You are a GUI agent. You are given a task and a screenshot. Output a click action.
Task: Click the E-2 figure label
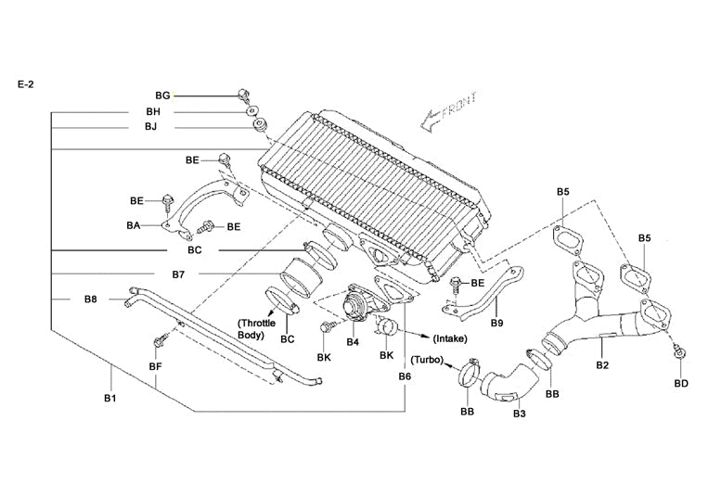point(26,83)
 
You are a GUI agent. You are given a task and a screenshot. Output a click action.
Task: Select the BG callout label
point(162,96)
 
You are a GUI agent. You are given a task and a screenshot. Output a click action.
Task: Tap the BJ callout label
point(150,127)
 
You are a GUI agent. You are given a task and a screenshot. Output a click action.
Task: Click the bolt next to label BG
point(243,94)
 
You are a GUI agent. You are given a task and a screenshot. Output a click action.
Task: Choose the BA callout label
point(133,223)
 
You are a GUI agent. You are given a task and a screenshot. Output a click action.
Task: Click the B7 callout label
point(178,274)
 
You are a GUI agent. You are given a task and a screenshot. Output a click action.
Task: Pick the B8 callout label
point(90,299)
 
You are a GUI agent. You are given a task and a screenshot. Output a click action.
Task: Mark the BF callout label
point(156,368)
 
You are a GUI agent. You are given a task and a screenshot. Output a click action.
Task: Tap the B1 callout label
point(110,399)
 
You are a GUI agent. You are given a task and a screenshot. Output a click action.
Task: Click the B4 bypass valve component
point(355,307)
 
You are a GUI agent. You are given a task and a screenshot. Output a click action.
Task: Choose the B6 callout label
point(405,376)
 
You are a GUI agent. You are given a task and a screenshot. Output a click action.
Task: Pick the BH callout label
point(152,111)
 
